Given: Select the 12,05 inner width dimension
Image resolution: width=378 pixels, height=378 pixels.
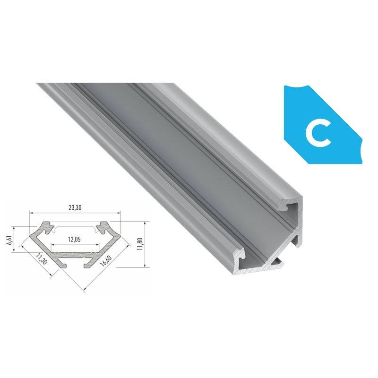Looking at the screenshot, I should click(x=75, y=239).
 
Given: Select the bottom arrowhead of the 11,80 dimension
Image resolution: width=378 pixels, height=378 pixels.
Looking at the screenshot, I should click(x=142, y=266).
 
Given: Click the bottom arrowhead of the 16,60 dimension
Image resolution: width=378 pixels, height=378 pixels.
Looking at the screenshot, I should click(x=84, y=287).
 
